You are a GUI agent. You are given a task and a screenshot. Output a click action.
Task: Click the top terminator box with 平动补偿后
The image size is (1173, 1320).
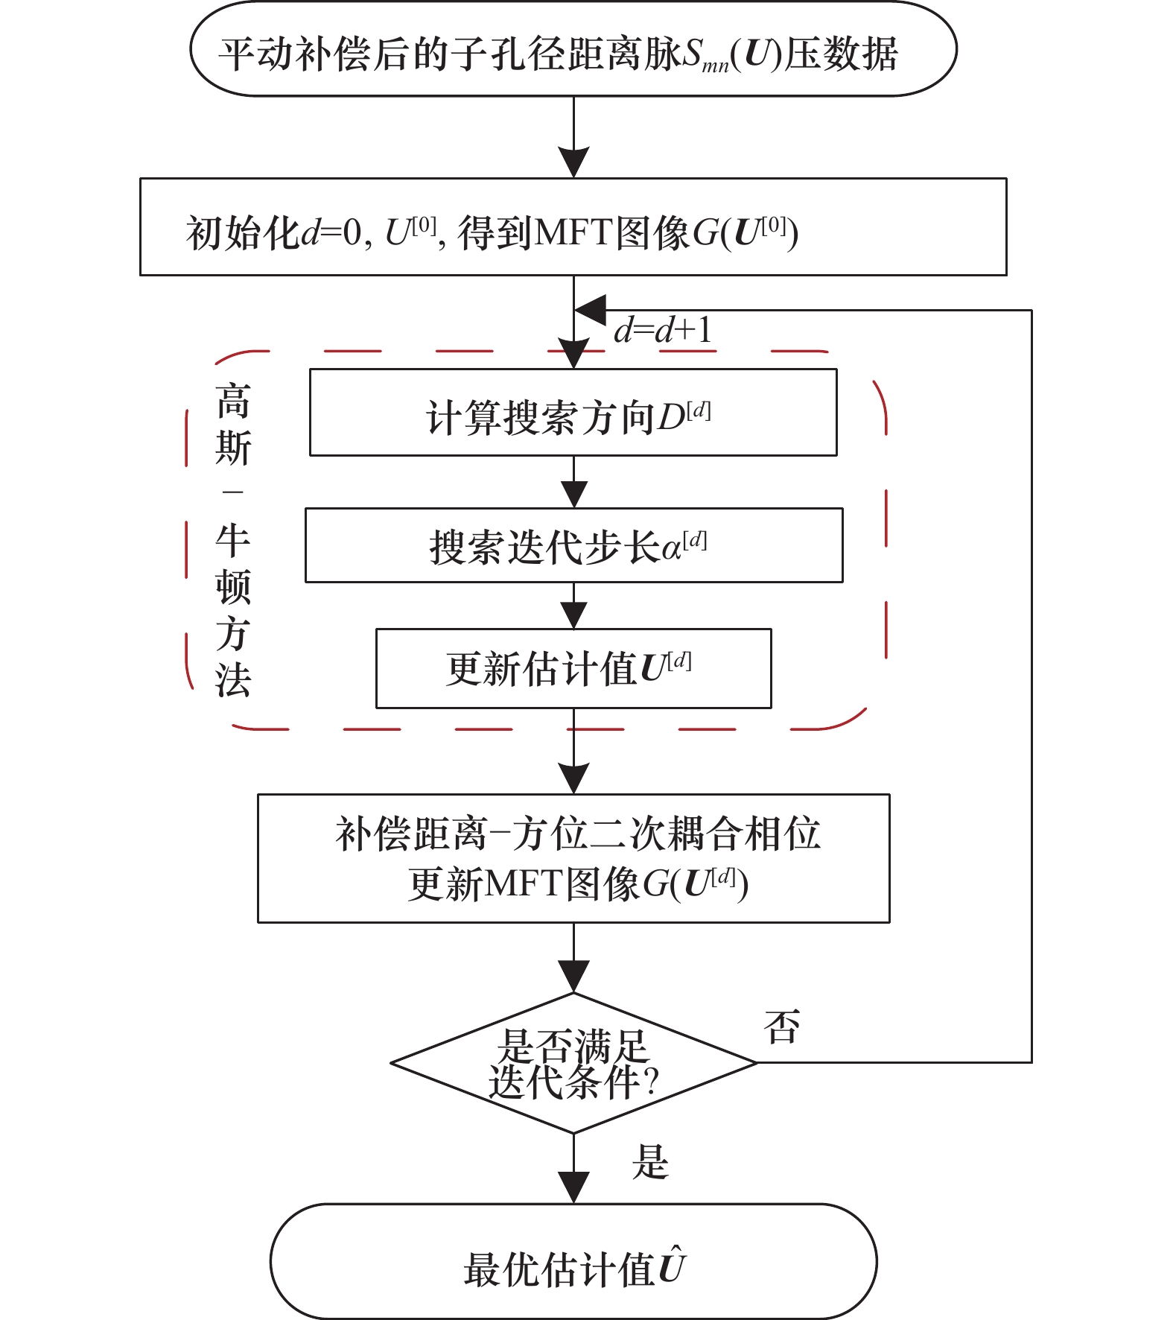tap(573, 50)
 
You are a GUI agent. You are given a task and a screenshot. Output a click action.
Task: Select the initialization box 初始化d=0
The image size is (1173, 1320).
tap(573, 227)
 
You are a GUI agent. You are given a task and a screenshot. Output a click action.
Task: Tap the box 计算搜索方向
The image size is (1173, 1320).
tap(573, 413)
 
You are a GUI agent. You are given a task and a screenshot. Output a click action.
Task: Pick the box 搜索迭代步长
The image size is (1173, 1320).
tap(573, 545)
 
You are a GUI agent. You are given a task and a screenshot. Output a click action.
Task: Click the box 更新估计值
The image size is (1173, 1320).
tap(573, 668)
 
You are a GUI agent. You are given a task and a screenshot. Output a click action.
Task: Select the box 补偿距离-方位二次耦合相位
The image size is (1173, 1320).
tap(573, 858)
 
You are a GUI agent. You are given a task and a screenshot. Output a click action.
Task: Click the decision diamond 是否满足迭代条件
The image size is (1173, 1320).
tap(573, 1063)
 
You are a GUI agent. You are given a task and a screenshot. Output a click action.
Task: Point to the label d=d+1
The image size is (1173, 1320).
tap(662, 330)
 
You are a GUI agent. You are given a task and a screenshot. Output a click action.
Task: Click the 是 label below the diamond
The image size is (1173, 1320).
tap(650, 1162)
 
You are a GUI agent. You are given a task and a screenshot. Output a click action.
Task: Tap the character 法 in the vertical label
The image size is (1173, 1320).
tap(233, 680)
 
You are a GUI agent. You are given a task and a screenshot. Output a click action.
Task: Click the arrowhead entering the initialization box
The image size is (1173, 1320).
tap(573, 162)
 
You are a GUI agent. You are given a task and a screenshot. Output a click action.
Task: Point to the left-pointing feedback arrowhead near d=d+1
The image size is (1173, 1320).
tap(591, 310)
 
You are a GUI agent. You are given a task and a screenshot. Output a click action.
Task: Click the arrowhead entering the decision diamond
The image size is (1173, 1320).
tap(573, 977)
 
